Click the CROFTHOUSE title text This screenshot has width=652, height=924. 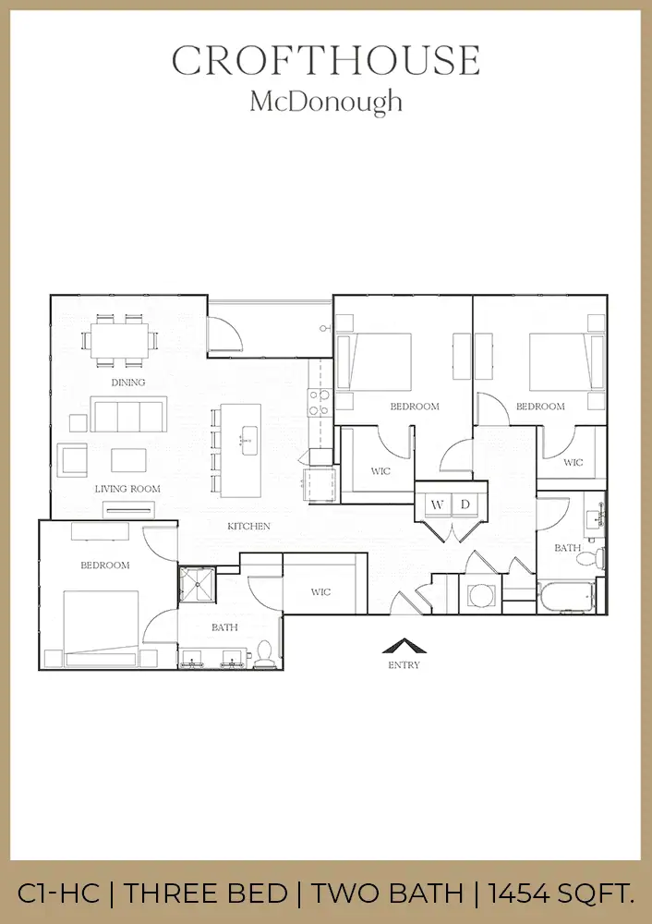click(x=325, y=61)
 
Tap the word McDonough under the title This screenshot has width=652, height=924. click(x=325, y=101)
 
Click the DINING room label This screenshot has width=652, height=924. click(x=128, y=383)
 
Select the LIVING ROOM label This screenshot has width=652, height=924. click(x=127, y=489)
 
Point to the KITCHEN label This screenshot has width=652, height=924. click(x=248, y=527)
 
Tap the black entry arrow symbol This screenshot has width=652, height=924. click(x=403, y=647)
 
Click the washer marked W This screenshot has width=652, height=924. click(x=435, y=505)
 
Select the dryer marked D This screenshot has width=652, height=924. click(x=465, y=505)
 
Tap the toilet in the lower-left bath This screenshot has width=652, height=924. click(x=264, y=651)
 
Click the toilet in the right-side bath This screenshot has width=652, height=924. click(x=598, y=556)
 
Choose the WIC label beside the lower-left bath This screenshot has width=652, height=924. click(x=320, y=592)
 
